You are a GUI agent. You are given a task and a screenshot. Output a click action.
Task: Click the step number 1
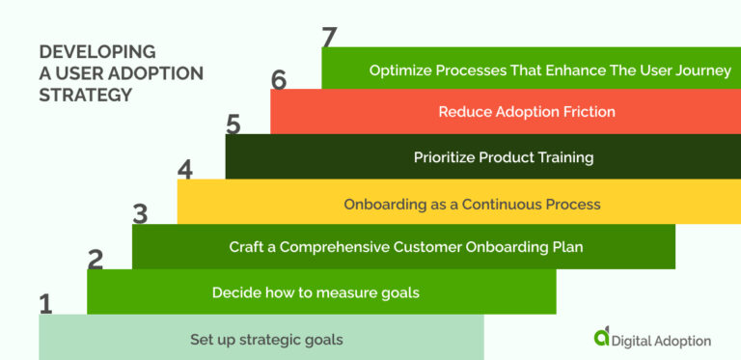[45, 303]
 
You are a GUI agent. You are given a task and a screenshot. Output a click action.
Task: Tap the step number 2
[96, 259]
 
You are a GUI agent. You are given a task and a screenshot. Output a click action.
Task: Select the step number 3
[141, 213]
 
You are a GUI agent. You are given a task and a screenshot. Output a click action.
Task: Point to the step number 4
[185, 170]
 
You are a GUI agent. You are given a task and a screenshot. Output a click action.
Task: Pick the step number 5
[233, 125]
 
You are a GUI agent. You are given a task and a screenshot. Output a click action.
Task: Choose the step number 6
[279, 80]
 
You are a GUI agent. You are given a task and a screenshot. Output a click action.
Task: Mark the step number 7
[330, 38]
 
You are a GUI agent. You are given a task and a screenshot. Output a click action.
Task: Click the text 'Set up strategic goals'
[266, 339]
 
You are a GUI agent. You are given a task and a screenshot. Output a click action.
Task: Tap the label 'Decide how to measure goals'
[316, 292]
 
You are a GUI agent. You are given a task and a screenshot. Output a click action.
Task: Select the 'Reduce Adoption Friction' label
[527, 112]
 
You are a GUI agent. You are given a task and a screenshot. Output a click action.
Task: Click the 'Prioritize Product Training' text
[504, 157]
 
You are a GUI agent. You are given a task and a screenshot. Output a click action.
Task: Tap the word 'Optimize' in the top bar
[400, 70]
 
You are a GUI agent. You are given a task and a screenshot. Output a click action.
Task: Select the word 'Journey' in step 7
[704, 70]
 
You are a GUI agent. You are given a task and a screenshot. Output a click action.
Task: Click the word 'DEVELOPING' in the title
[96, 51]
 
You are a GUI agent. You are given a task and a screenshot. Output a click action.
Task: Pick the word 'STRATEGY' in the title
[86, 96]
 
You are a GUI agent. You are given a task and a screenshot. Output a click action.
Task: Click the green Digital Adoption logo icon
[602, 336]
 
